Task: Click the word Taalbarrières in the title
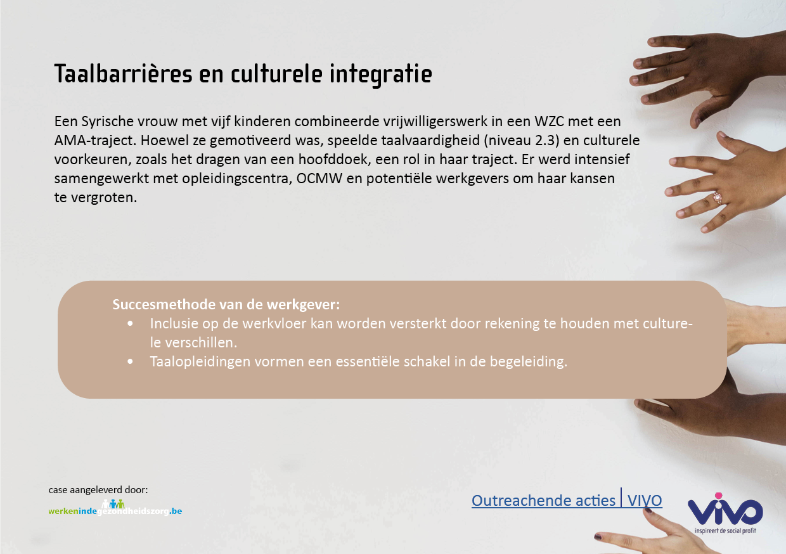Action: point(123,74)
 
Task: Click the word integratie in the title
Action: point(381,75)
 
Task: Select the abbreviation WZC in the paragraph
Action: point(549,122)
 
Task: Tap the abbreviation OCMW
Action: point(319,179)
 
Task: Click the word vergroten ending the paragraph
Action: point(103,198)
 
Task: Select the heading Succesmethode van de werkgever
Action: point(226,304)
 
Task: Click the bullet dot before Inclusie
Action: point(130,323)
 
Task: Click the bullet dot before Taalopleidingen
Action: point(130,361)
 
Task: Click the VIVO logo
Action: point(725,513)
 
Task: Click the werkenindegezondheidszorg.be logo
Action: point(115,508)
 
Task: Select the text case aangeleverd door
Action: point(98,490)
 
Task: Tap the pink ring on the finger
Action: point(718,198)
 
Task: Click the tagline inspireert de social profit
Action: point(725,531)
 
